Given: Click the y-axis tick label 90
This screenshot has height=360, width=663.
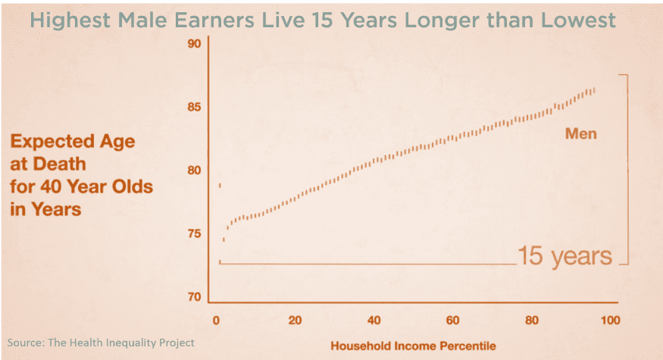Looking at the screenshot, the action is tap(194, 43).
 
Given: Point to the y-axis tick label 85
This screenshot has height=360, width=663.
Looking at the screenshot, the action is tap(194, 107).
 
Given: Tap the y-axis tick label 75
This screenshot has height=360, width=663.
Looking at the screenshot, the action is tap(194, 234).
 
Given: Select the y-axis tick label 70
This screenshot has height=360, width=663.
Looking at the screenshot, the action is tap(194, 297).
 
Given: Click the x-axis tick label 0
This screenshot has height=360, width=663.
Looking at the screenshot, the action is tap(216, 321).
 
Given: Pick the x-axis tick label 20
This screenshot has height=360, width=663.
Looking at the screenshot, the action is tap(296, 321).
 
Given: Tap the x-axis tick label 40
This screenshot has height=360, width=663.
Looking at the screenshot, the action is tap(374, 321).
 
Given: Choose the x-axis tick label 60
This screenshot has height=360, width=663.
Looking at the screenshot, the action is tap(452, 321).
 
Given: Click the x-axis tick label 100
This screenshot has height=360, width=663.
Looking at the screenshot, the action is tap(610, 321).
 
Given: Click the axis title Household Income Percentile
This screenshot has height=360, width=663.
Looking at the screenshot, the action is tap(413, 346).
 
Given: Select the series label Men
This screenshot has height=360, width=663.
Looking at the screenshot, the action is tap(581, 133).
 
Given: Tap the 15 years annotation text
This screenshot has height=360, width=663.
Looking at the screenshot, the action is tap(565, 256).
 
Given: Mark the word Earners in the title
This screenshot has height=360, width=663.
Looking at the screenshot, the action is tap(215, 20).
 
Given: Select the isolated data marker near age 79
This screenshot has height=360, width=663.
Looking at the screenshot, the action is tap(220, 185).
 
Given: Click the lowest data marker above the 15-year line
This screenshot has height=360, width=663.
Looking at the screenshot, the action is tap(224, 239).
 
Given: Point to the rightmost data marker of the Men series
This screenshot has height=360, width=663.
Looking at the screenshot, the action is tap(594, 90).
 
